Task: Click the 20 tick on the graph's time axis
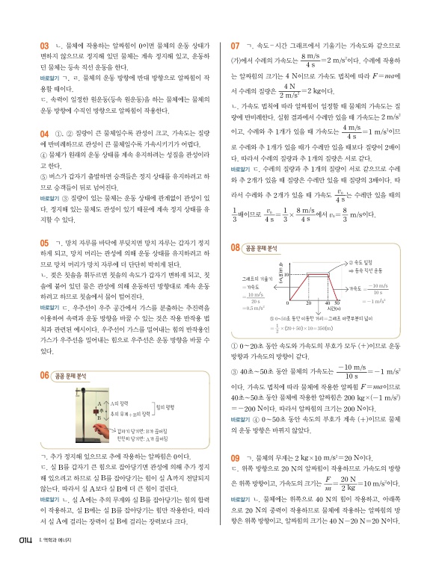[x=308, y=304]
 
